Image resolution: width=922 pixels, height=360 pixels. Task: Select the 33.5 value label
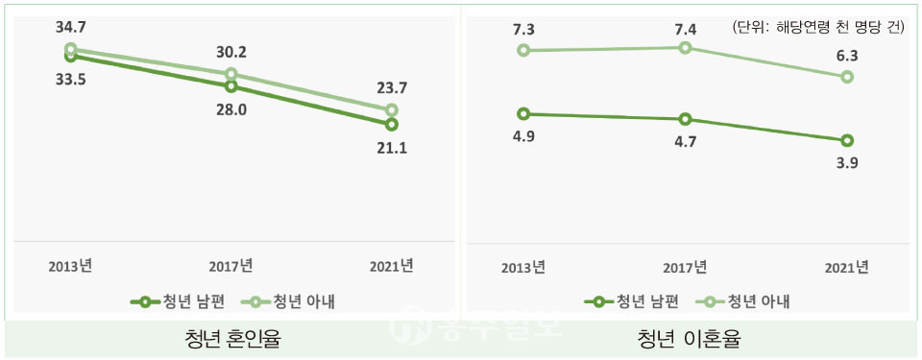pos(70,80)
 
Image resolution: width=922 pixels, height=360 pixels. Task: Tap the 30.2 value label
pos(230,54)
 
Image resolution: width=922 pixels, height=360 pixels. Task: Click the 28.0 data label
pos(230,109)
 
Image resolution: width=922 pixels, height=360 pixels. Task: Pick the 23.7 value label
pos(391,89)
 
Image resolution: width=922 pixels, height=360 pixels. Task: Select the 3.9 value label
pos(846,163)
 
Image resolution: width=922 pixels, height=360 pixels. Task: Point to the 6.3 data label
pos(846,55)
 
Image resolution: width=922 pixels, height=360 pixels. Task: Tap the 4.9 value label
pos(523,136)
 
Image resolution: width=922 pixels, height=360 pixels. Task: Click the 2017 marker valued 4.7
pos(685,119)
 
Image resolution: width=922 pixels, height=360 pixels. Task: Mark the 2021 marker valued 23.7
pos(391,110)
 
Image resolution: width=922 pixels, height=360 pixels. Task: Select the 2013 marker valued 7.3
pos(523,50)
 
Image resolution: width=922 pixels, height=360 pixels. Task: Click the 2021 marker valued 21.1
pos(391,124)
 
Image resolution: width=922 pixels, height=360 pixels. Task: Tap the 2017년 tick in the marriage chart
pos(230,264)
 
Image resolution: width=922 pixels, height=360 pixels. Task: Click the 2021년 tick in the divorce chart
pos(846,266)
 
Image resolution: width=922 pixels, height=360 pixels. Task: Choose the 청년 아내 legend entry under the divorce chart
pos(749,301)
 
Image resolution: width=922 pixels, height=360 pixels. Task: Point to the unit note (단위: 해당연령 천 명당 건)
pos(817,27)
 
